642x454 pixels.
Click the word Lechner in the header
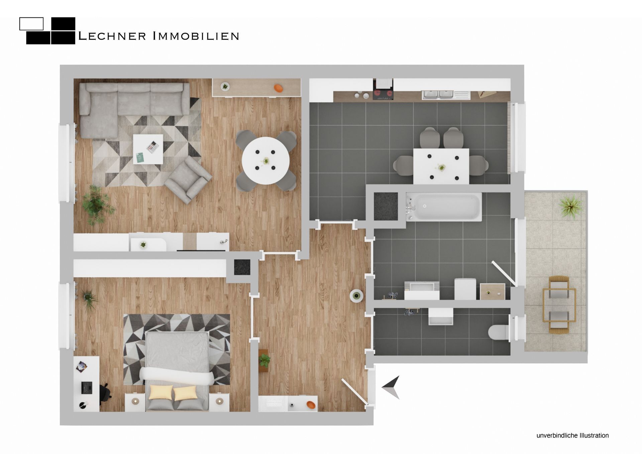point(112,36)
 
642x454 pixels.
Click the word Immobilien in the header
point(196,36)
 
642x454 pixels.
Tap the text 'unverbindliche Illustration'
point(572,435)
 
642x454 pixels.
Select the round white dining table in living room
point(266,161)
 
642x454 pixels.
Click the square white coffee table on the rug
point(148,149)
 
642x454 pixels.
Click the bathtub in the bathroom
point(444,206)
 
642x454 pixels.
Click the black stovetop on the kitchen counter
point(383,94)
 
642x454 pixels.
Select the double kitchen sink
point(437,95)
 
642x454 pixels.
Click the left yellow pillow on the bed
point(161,392)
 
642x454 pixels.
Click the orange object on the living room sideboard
point(278,88)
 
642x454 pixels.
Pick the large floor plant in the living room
point(96,204)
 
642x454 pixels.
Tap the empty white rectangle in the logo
point(31,24)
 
